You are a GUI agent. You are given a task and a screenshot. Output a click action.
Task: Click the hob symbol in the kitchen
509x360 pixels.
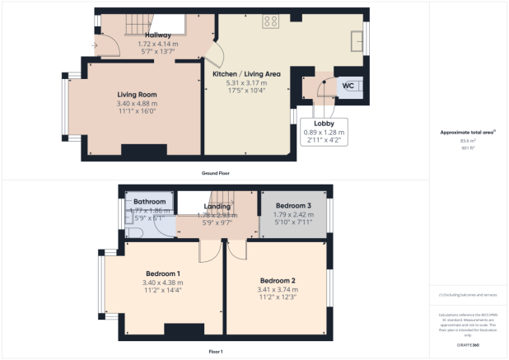tap(270, 22)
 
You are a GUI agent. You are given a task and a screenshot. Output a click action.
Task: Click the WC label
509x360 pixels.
tap(348, 85)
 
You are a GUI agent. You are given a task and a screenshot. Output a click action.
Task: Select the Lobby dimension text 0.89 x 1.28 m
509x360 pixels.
tap(324, 132)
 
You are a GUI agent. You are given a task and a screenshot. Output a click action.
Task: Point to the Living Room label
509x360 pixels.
tap(137, 95)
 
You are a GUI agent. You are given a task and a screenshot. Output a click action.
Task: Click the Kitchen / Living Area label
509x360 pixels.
tap(246, 74)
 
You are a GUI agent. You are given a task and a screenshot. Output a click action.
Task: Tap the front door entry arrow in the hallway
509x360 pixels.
tap(97, 45)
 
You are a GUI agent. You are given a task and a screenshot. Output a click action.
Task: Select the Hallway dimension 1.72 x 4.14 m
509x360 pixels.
tap(159, 44)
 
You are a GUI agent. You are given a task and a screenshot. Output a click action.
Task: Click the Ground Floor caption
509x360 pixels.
tap(216, 174)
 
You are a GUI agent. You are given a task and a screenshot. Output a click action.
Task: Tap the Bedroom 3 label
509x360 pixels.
tap(293, 205)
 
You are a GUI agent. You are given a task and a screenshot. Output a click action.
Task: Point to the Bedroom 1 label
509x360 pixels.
tap(163, 274)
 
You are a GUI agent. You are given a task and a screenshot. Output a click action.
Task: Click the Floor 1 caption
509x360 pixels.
tap(216, 352)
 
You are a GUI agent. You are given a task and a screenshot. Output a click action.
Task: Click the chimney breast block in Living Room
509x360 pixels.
tap(143, 151)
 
